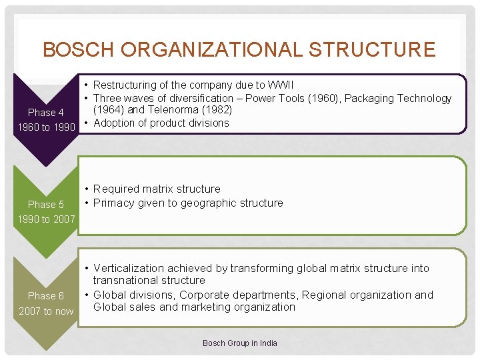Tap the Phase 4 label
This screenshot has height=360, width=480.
pos(46,113)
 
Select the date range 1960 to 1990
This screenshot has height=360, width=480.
pos(46,127)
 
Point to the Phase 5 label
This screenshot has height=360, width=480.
pos(46,205)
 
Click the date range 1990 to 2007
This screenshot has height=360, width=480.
pos(46,219)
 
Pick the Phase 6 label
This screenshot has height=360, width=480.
pos(46,295)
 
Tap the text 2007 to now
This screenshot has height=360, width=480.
pos(46,311)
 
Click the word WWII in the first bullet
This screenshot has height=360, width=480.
pos(280,85)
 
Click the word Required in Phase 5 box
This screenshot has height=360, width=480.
pos(115,189)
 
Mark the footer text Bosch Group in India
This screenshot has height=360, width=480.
pos(240,343)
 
